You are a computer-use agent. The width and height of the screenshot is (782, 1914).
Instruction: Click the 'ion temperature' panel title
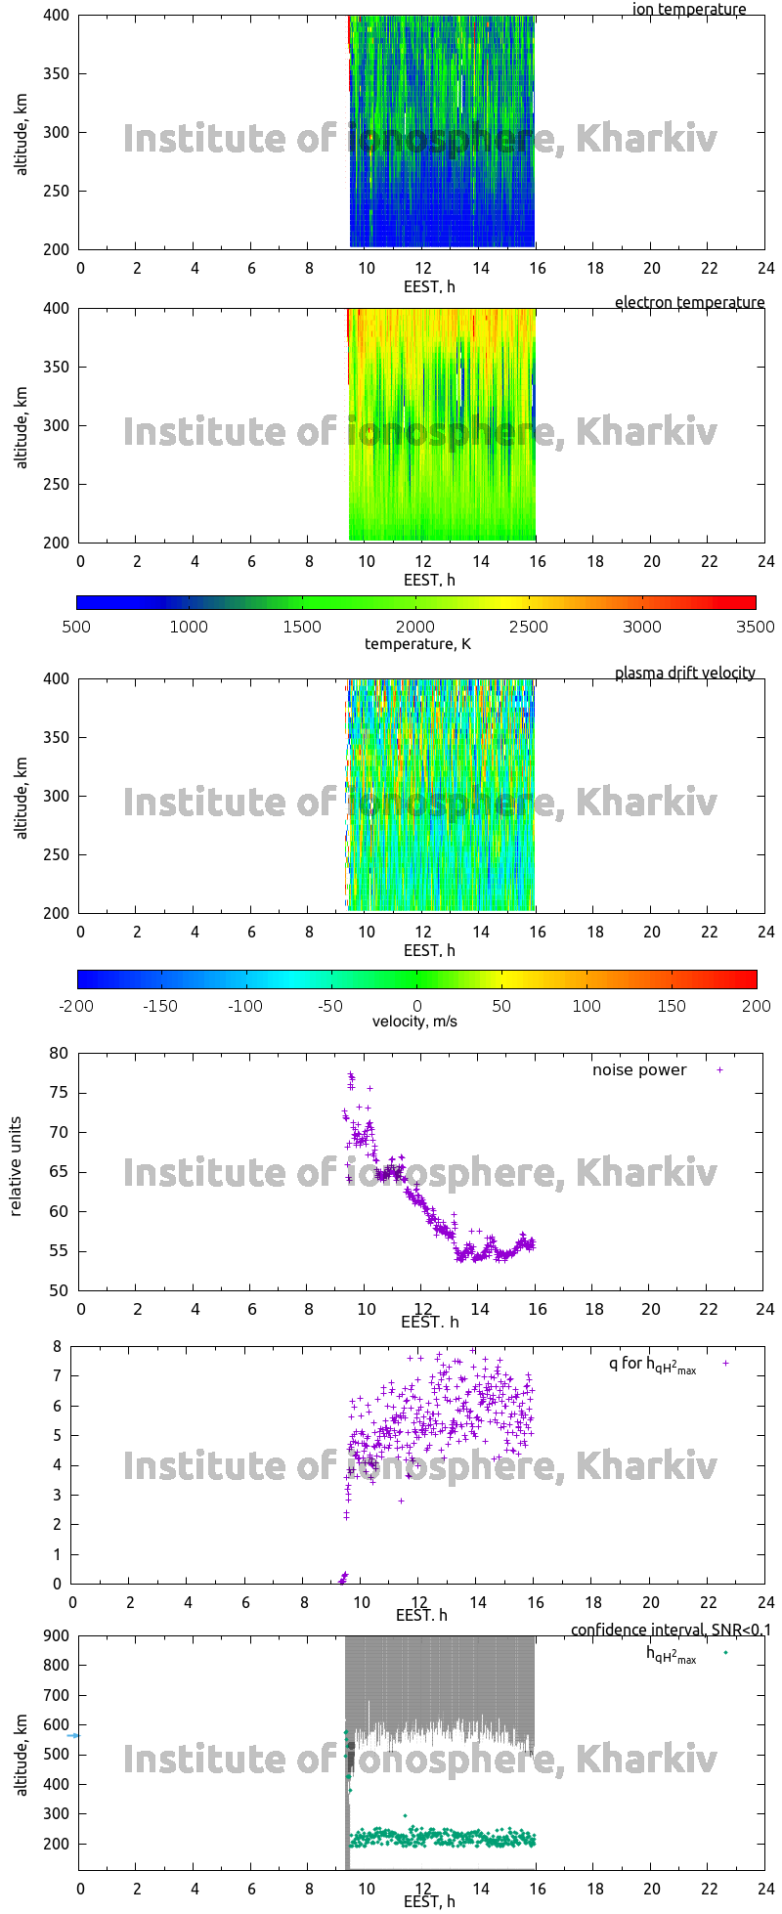coord(689,10)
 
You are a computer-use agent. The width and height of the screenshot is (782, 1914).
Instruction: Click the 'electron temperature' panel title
coord(689,303)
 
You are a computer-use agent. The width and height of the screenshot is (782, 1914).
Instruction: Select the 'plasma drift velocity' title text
coord(684,674)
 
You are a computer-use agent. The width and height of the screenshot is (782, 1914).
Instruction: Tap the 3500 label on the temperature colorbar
coord(756,627)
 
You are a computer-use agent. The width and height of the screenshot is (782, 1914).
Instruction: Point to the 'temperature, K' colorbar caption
coord(417,643)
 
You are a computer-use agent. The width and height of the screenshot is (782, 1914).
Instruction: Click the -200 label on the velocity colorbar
coord(77,1006)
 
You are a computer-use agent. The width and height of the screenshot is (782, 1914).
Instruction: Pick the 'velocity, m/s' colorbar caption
coord(414,1022)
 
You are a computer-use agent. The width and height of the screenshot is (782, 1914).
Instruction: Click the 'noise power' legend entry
coord(639,1070)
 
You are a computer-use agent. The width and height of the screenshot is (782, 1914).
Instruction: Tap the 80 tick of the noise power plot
coord(60,1053)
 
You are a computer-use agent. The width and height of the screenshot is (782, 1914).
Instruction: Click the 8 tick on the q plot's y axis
coord(57,1347)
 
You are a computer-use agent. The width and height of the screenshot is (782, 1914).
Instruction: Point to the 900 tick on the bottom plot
coord(56,1636)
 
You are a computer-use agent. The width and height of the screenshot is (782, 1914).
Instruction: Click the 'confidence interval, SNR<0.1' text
coord(671,1630)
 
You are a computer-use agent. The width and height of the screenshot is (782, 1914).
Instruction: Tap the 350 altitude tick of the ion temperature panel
coord(56,73)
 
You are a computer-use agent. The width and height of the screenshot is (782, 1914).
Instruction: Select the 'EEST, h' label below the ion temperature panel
coord(429,286)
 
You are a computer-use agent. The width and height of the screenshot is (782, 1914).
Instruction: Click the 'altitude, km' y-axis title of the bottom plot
coord(22,1753)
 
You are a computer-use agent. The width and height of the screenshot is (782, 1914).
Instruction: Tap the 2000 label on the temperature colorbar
coord(415,627)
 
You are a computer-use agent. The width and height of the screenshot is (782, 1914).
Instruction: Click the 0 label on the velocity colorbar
coord(416,1006)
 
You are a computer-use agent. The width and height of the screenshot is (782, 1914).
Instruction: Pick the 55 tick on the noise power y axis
coord(60,1251)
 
